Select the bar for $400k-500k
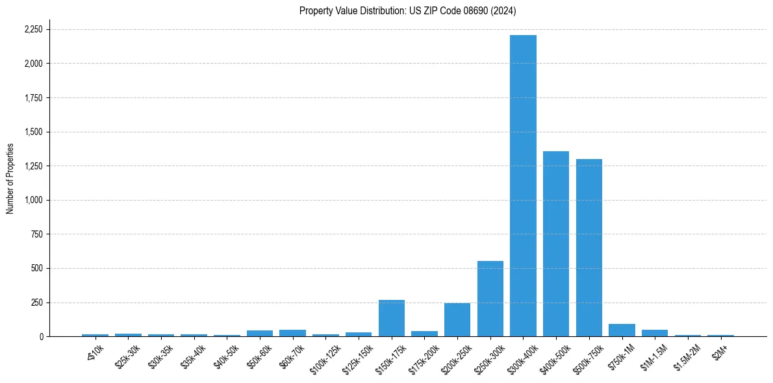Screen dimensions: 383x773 point(556,244)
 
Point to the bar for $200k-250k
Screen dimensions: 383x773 point(457,320)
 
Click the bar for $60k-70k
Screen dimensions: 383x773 point(292,333)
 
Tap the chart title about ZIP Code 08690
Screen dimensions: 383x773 point(408,10)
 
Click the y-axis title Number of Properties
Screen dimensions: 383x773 point(10,178)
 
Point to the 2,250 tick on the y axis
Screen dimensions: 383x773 point(33,30)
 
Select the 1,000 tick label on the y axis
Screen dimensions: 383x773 point(33,200)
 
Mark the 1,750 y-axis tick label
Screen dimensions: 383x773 point(33,98)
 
